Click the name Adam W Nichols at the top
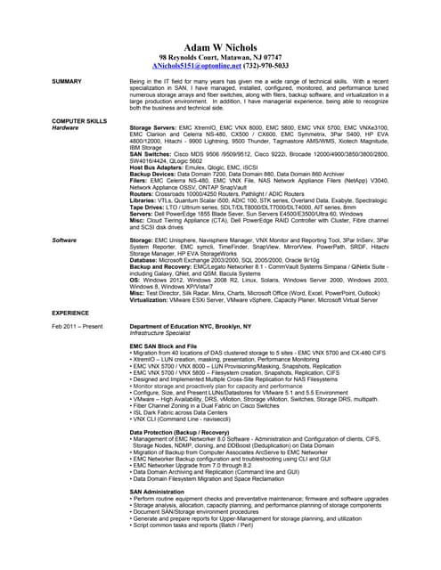pos(219,46)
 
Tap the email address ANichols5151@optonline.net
pos(191,66)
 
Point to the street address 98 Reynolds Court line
pos(219,56)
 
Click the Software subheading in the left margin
pos(63,240)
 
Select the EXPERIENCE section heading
pos(70,313)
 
